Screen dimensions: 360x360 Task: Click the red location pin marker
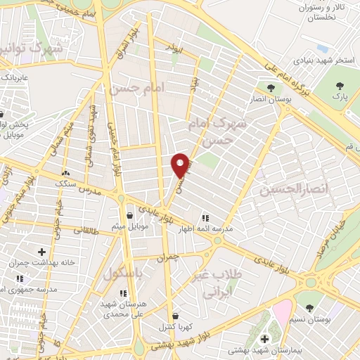click(x=181, y=165)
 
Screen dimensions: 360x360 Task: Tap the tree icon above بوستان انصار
click(x=271, y=88)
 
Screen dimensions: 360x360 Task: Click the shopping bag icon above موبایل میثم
click(x=130, y=215)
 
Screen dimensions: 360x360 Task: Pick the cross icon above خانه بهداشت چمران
click(x=41, y=252)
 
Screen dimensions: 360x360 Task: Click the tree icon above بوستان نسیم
click(x=310, y=307)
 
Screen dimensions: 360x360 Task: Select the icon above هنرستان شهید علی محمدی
click(x=123, y=293)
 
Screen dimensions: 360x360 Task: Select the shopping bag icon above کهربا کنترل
click(x=174, y=316)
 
